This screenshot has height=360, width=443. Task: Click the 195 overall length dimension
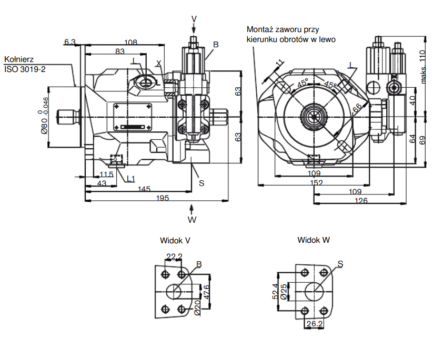point(163,198)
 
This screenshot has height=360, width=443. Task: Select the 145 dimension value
point(144,189)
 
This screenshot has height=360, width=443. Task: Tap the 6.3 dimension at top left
point(69,42)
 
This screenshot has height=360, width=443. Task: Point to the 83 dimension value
point(120,52)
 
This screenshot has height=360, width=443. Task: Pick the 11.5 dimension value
point(107,174)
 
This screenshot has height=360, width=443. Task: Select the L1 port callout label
point(130,179)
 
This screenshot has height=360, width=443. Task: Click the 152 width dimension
point(316,182)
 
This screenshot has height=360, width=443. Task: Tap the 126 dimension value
point(360,200)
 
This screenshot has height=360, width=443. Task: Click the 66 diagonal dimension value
point(357,108)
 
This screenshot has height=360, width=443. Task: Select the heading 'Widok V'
point(175,240)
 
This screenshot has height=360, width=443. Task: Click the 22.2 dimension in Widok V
point(174,256)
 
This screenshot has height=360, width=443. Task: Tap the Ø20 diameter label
point(197,307)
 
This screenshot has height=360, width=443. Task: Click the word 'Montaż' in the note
point(261,30)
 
